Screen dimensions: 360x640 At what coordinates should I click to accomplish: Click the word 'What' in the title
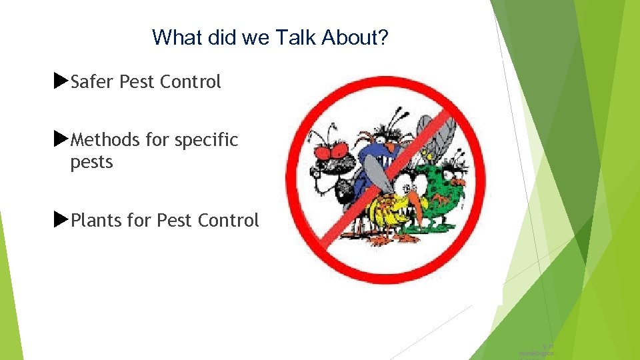[175, 37]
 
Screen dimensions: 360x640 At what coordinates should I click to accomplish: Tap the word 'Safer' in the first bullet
[93, 82]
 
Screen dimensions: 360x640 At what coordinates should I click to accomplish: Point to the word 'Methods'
[103, 140]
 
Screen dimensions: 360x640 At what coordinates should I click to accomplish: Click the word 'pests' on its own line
[91, 162]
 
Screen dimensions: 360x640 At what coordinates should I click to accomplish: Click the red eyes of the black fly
[331, 149]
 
